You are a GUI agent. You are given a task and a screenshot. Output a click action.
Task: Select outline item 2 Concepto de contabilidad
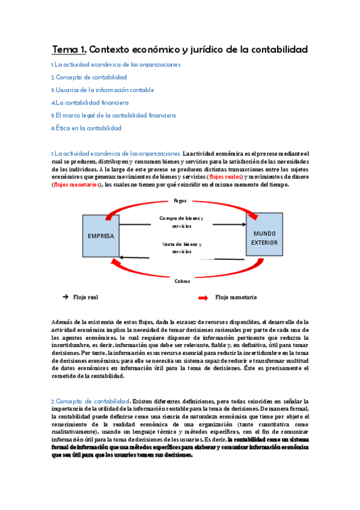(x=89, y=77)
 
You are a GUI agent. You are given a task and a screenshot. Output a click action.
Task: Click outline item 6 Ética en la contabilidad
(x=86, y=128)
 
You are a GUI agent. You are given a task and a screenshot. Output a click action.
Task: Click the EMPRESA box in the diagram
(x=101, y=236)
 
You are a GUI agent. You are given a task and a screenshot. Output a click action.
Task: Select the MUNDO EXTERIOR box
(x=265, y=237)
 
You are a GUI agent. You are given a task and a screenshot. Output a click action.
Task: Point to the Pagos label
(x=180, y=200)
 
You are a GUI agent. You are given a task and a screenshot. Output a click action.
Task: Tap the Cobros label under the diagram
(x=182, y=281)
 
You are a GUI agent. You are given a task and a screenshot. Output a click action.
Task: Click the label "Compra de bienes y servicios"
(x=182, y=222)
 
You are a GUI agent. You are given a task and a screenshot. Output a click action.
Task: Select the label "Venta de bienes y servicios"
(x=182, y=248)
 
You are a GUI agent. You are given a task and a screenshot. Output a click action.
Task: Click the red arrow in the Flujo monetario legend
(x=203, y=298)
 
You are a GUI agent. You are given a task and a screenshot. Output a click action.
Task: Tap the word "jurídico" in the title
(x=204, y=49)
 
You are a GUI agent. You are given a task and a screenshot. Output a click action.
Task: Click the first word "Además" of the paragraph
(x=62, y=322)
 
